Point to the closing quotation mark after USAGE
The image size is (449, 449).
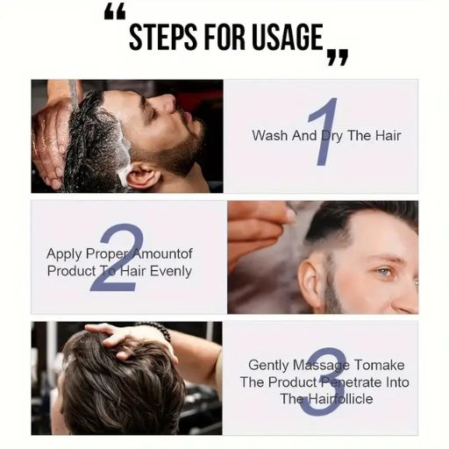pos(337,58)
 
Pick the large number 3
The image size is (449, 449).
pos(323,381)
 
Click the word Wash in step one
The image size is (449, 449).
pos(268,136)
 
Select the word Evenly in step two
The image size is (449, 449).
pos(170,271)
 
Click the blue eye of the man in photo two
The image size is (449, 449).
pos(382,272)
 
